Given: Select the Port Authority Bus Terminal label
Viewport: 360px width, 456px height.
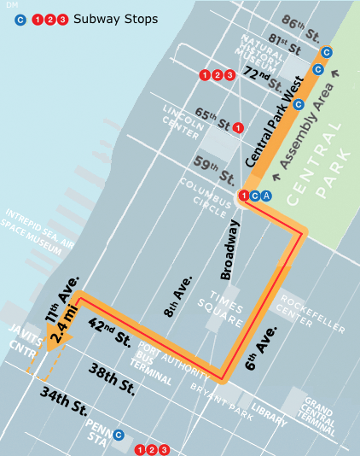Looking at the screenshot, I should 161,358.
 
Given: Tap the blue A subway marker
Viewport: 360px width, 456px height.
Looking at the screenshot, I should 267,196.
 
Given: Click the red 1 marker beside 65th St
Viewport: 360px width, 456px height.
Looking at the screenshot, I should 238,127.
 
